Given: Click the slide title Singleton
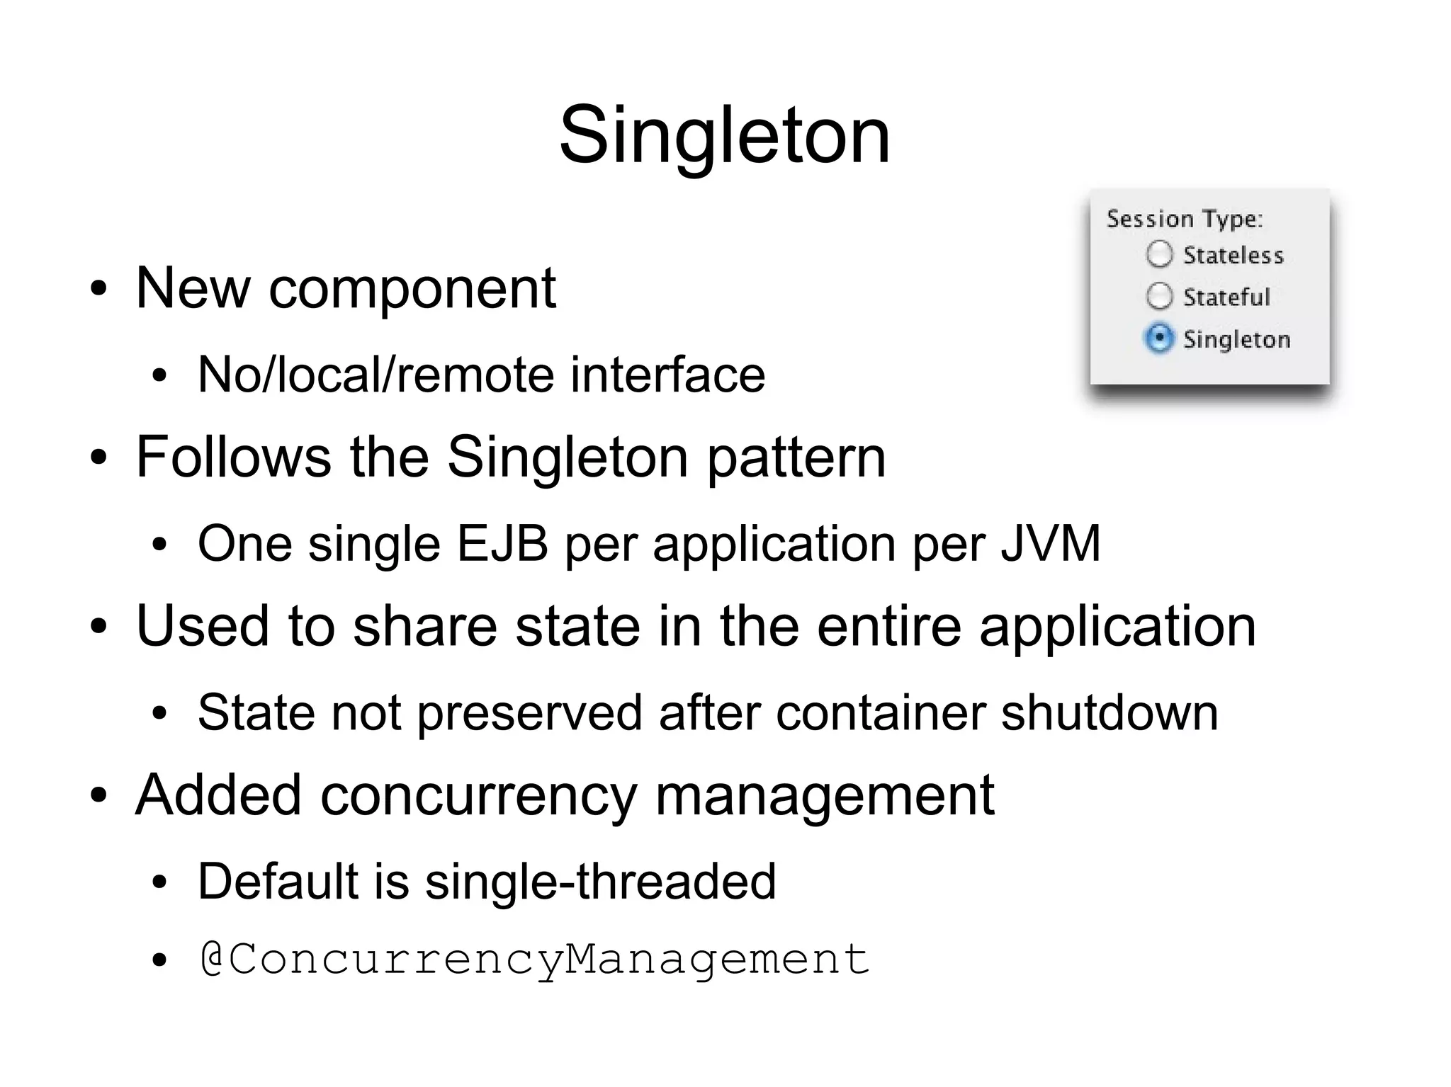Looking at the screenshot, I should (x=724, y=135).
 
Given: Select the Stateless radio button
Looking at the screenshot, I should (x=1159, y=254).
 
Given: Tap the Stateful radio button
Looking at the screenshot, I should (x=1159, y=296).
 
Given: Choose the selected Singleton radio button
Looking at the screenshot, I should (x=1159, y=338).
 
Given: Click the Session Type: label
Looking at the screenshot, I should (x=1185, y=219).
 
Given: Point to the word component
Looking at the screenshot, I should (x=412, y=289).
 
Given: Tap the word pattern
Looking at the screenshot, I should (x=796, y=457).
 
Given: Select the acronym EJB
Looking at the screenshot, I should (x=502, y=543).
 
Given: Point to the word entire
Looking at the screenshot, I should (x=889, y=626).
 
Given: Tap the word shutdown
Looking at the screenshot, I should (x=1110, y=712).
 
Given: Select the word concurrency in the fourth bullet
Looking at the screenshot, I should (x=479, y=795).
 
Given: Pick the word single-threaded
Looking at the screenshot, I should (x=600, y=882).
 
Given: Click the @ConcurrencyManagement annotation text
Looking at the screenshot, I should (x=535, y=960).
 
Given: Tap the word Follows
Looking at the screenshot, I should (x=234, y=457).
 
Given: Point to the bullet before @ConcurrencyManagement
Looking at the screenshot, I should (x=159, y=961).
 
